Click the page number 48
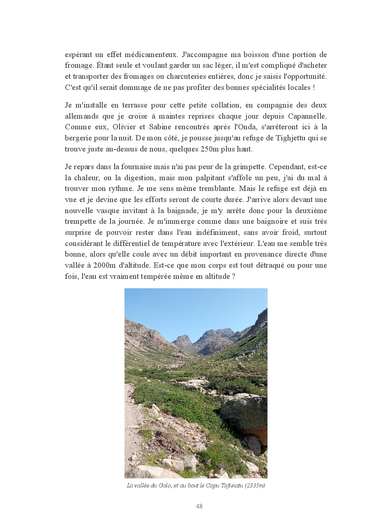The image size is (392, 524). coord(199,506)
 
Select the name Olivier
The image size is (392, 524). coord(124,127)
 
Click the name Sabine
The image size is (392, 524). coord(160,127)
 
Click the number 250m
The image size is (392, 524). coord(209,149)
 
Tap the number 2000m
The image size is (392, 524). coord(104,265)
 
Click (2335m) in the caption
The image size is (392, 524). coord(255,486)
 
